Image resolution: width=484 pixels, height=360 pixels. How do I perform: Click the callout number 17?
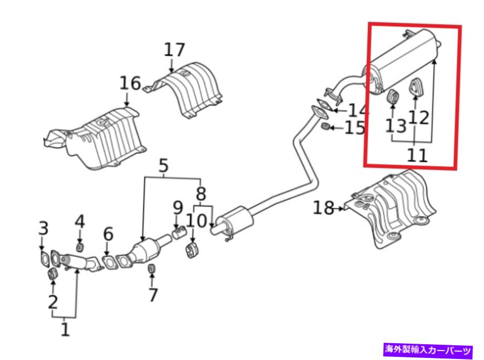(x=174, y=50)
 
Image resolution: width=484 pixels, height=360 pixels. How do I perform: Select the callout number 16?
(x=130, y=83)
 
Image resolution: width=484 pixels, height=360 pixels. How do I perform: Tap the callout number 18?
(x=324, y=208)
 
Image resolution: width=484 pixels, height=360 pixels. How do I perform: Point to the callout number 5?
(x=163, y=166)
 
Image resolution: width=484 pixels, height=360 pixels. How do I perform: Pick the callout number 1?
(x=65, y=329)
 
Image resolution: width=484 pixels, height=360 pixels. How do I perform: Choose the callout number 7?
(x=152, y=294)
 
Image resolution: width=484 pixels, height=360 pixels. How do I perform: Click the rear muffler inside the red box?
(x=404, y=61)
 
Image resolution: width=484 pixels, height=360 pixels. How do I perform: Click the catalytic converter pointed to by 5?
(x=143, y=250)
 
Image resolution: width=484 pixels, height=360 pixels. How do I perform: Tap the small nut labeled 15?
(x=325, y=128)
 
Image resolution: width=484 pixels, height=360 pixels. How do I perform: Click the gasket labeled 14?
(x=319, y=111)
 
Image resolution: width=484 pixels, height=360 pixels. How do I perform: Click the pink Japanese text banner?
(x=428, y=348)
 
